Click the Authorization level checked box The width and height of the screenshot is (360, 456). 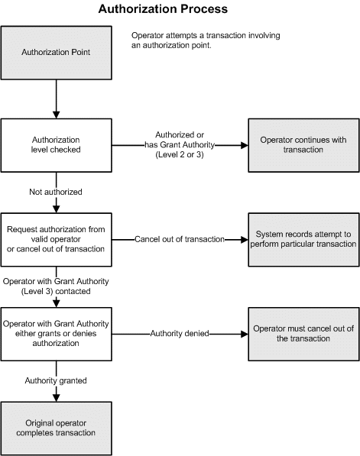57,144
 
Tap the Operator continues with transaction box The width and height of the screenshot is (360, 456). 303,144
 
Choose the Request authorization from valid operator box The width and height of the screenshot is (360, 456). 57,238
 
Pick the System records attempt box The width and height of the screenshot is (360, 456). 303,238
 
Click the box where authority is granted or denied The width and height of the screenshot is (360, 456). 57,333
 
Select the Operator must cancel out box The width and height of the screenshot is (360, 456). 303,333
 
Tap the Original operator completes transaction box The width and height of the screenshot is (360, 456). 57,427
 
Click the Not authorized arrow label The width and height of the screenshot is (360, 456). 55,192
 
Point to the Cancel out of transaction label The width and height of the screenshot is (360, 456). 180,239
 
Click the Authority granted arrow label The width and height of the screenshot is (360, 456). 55,380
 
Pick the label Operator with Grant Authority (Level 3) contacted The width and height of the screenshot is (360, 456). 55,286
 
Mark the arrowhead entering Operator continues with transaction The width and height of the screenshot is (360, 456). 243,145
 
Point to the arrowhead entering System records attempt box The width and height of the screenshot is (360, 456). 243,239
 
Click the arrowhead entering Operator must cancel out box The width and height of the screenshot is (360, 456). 243,333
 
